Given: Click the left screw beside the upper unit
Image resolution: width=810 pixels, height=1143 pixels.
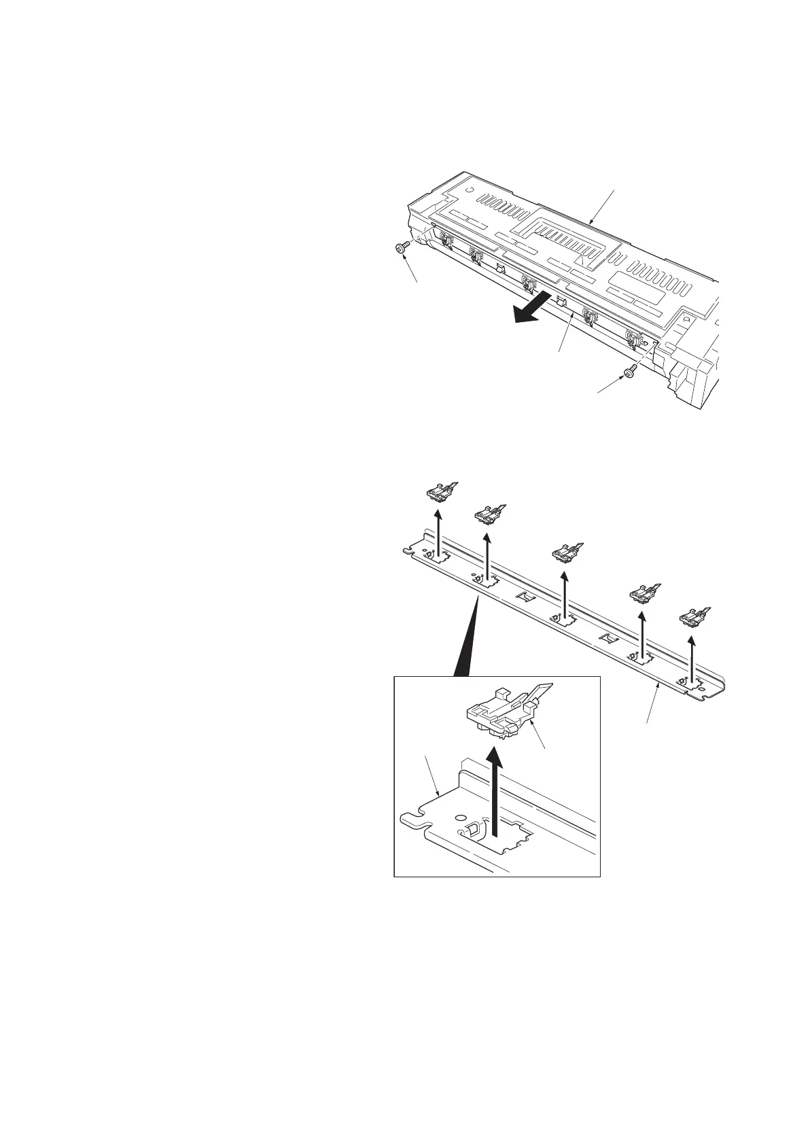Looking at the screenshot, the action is pyautogui.click(x=401, y=249).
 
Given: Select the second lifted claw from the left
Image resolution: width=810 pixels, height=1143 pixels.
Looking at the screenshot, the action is pyautogui.click(x=489, y=516).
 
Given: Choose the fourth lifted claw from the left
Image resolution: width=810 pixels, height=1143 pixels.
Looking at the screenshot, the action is pyautogui.click(x=643, y=594).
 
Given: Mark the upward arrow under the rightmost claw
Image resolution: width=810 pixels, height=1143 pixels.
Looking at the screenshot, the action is pyautogui.click(x=692, y=658).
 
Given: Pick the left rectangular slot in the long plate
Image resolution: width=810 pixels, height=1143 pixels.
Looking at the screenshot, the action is pyautogui.click(x=524, y=596).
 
